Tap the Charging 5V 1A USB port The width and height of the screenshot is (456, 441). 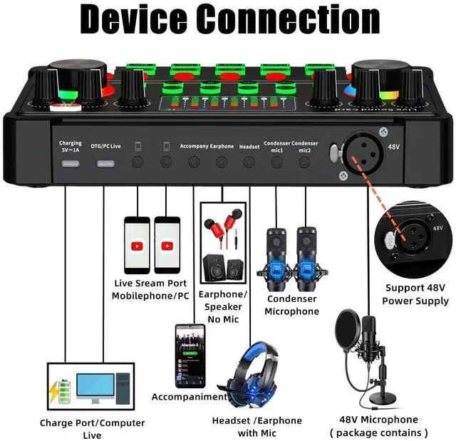coord(71,162)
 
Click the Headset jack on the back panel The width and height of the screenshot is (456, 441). coord(249,162)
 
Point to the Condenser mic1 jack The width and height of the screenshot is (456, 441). coord(277,162)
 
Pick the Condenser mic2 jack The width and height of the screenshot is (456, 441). coord(304,162)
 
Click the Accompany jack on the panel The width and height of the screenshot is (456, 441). coord(194,162)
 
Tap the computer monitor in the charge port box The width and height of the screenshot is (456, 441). coord(92,389)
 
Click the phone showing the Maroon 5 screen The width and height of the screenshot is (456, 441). coord(190,356)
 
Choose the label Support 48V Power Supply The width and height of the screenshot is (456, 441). coord(416,294)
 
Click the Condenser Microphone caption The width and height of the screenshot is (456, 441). coord(291,305)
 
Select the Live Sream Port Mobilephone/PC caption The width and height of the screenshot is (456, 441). coord(149,289)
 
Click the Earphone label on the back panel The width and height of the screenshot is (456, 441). coord(222,146)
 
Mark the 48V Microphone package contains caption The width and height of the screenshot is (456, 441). coord(379,426)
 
